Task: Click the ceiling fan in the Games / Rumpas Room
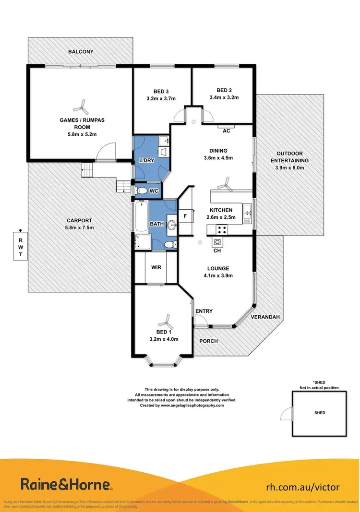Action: [80, 105]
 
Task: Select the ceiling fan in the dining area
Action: [224, 183]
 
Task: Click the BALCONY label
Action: [81, 51]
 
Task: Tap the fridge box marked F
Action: [185, 216]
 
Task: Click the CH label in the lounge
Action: [217, 250]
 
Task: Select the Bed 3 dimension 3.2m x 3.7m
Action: [162, 98]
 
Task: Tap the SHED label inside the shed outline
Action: [320, 413]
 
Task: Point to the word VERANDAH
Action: [264, 317]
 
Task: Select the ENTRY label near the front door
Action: [204, 311]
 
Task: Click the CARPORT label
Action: [80, 220]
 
